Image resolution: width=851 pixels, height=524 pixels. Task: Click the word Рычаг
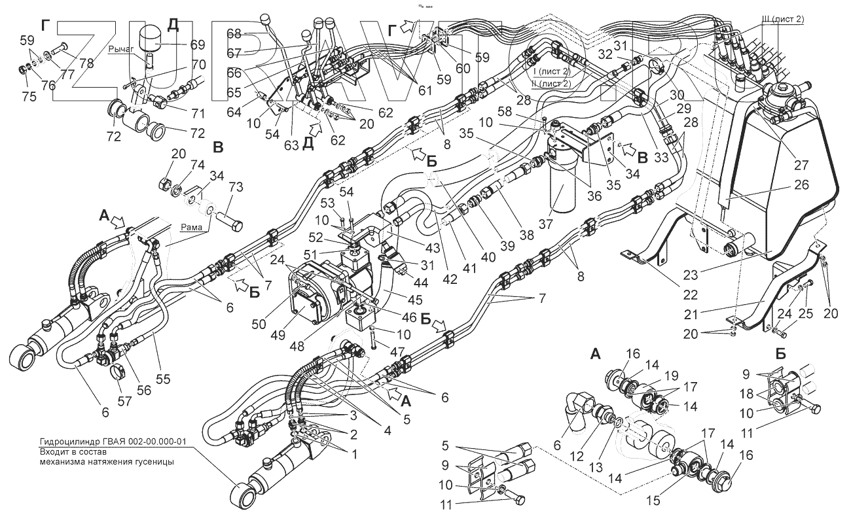click(121, 48)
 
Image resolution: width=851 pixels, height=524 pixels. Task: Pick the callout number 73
click(235, 188)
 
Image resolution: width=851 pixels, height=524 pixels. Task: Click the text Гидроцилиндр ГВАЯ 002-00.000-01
click(111, 442)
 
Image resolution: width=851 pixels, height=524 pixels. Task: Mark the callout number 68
click(234, 33)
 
